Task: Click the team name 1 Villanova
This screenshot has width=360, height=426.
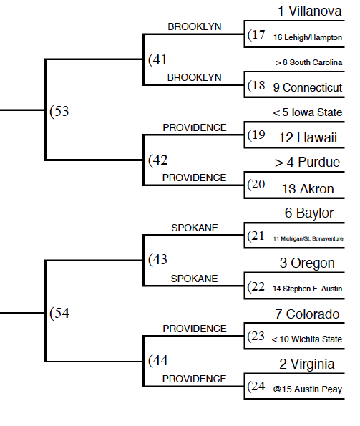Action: (x=309, y=11)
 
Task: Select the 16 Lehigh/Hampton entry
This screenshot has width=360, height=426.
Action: (x=308, y=37)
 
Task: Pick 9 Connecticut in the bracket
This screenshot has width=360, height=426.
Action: (x=308, y=87)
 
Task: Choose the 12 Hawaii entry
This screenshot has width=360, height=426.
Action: (x=308, y=137)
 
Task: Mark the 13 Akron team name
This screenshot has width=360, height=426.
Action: (x=308, y=189)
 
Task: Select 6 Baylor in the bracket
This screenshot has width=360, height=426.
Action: (x=309, y=213)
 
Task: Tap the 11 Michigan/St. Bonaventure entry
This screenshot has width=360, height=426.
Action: (x=308, y=239)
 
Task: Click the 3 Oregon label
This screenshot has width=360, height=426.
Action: (x=307, y=263)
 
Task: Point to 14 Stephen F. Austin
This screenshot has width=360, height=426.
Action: (x=307, y=289)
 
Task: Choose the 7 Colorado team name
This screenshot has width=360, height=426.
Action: (x=307, y=314)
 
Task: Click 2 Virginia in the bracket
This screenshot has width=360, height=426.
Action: (x=307, y=364)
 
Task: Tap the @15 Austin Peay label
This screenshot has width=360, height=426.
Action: (x=307, y=389)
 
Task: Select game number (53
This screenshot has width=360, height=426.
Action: (x=59, y=111)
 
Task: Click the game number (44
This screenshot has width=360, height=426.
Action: (x=158, y=361)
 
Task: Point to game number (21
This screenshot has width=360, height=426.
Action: (x=256, y=236)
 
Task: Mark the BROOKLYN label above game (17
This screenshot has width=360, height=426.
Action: (x=195, y=26)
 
